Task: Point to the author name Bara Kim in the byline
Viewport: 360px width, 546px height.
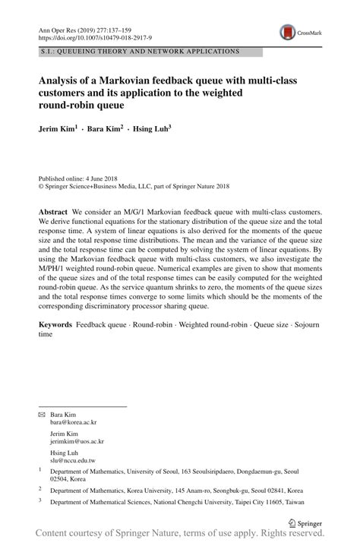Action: tap(105, 129)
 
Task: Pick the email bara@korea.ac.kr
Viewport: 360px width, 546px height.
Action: tap(74, 422)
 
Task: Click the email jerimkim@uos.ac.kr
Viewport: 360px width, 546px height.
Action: tap(77, 441)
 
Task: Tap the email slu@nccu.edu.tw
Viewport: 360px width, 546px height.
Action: tap(73, 460)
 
